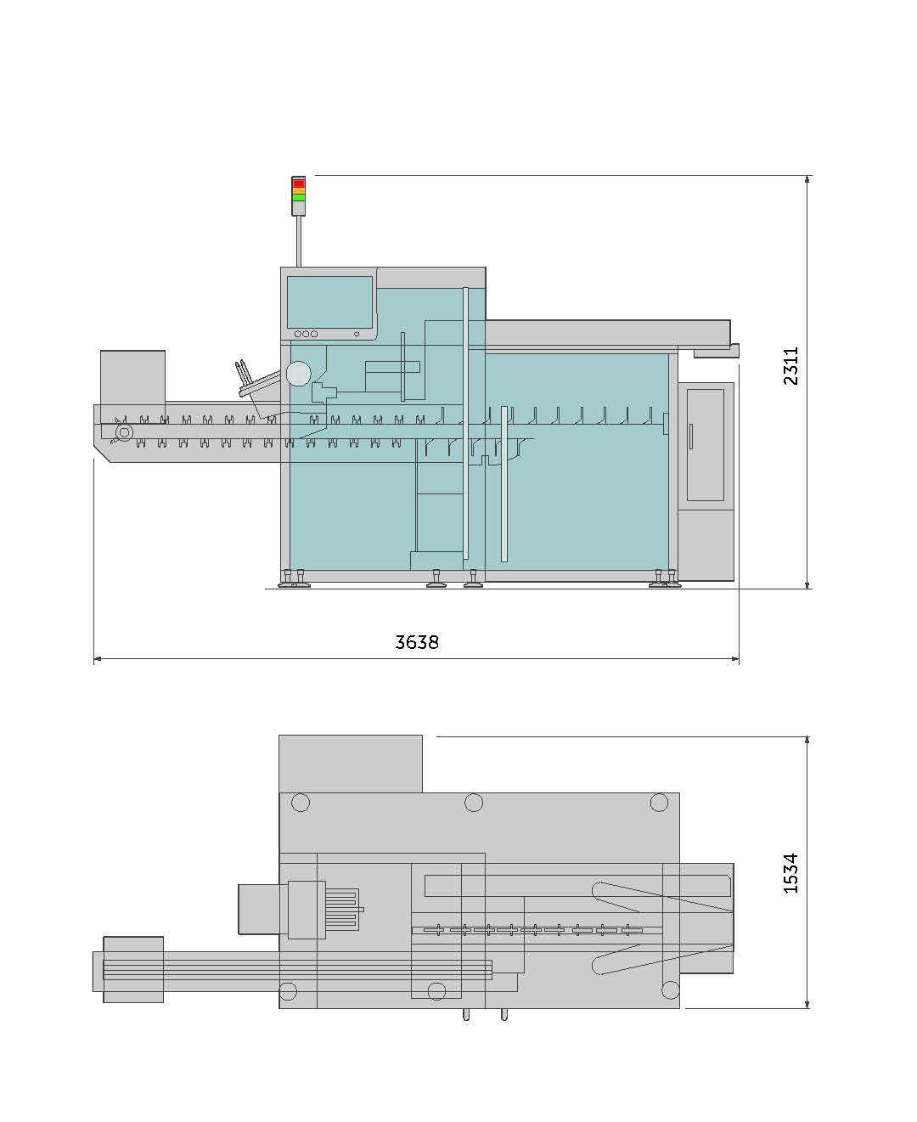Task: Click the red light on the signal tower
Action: (298, 183)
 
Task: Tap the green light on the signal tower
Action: (298, 197)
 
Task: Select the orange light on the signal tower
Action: (298, 190)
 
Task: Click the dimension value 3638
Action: (417, 643)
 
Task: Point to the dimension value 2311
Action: (791, 366)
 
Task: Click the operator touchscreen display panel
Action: (329, 302)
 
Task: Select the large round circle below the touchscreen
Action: (298, 373)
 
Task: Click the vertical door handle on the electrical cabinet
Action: (691, 437)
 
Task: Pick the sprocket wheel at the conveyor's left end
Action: (124, 432)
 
